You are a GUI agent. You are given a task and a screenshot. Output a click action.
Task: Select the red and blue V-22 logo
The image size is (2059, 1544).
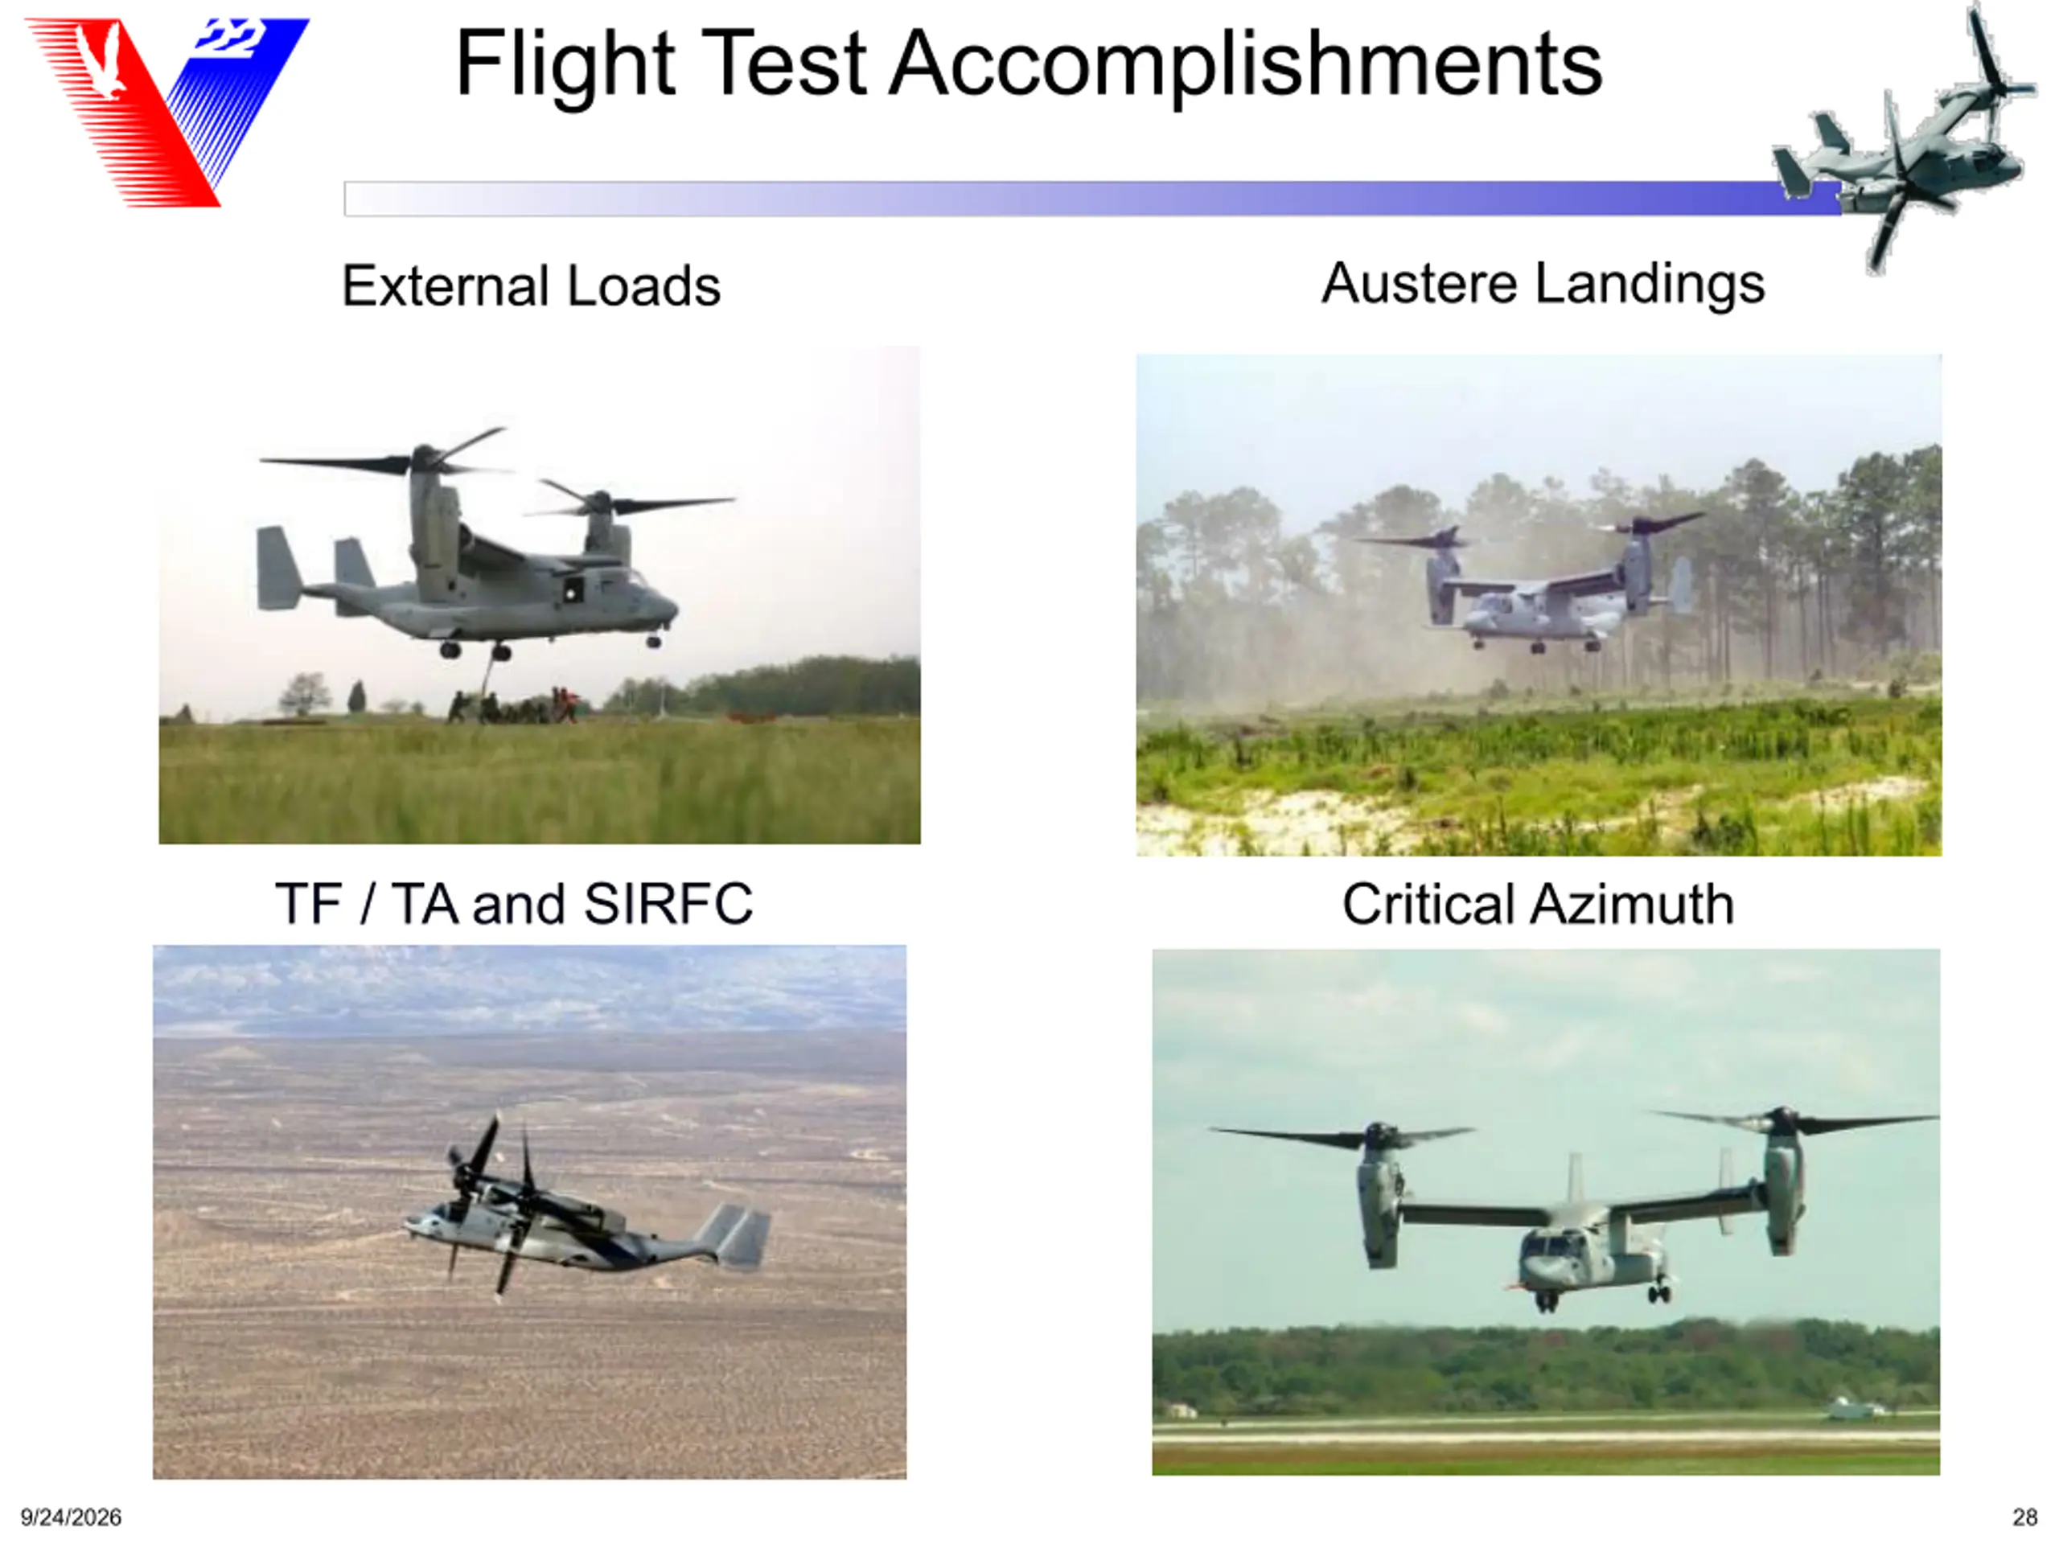pyautogui.click(x=167, y=112)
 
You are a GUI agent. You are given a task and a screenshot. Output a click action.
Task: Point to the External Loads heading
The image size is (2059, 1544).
pyautogui.click(x=531, y=285)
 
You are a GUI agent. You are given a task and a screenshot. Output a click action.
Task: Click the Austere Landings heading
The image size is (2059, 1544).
pyautogui.click(x=1543, y=283)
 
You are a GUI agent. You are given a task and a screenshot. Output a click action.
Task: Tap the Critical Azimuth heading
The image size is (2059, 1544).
pyautogui.click(x=1538, y=904)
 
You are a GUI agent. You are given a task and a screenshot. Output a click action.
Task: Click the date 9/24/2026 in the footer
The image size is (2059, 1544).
pyautogui.click(x=71, y=1517)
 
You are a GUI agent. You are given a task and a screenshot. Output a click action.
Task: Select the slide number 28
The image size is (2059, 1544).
pyautogui.click(x=2025, y=1517)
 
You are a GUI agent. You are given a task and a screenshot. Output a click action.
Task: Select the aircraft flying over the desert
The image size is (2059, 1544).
pyautogui.click(x=586, y=1210)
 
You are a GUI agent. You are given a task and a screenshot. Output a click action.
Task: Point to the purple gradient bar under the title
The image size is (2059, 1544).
pyautogui.click(x=1093, y=199)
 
